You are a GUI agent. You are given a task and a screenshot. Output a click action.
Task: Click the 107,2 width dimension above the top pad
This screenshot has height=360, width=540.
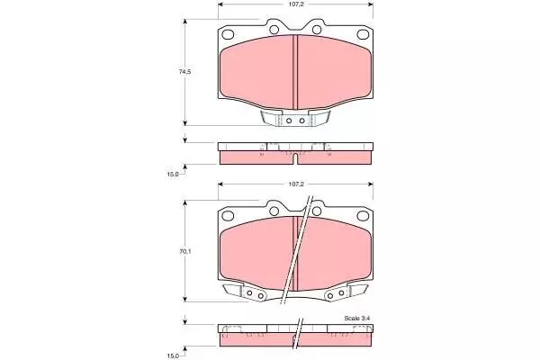[296, 4]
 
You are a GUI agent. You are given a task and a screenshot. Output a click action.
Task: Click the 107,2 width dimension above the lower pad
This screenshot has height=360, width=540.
[296, 184]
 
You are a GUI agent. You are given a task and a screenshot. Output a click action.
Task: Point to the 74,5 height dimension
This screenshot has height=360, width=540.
[184, 72]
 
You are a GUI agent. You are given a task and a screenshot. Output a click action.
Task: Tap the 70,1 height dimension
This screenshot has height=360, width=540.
[184, 251]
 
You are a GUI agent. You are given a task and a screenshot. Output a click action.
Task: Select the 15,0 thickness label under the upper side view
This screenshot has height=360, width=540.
[173, 175]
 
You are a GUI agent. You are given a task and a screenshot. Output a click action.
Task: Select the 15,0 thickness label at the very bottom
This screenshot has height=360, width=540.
[173, 355]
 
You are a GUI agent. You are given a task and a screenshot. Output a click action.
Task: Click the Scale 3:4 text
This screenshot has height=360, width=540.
[357, 319]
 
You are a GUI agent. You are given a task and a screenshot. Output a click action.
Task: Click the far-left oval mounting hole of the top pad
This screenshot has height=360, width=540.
[228, 34]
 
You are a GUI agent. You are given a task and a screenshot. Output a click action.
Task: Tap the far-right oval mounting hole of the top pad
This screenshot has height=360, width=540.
[363, 34]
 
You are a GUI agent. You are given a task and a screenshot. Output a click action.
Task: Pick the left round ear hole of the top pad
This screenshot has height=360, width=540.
[274, 30]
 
